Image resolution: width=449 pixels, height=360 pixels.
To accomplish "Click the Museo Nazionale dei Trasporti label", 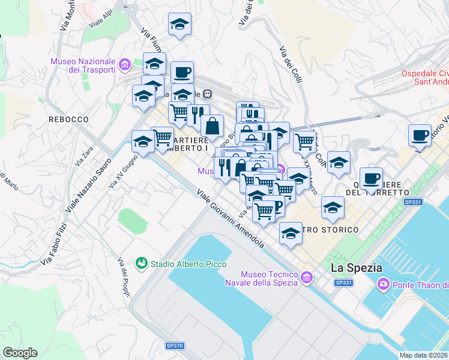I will coord(83,65).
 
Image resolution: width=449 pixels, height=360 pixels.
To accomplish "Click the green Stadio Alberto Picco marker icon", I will coord(142,263).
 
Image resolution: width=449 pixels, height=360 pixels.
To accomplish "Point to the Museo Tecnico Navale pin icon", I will coord(307,277).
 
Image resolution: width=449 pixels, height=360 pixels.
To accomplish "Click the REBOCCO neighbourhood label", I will coord(69,119).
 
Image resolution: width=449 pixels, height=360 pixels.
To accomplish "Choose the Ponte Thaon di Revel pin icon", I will coord(382,283).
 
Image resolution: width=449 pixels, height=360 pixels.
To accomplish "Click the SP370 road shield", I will coord(175,346).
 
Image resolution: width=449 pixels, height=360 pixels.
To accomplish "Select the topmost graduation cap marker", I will coord(179,25).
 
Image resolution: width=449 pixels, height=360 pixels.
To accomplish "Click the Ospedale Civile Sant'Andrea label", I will coord(424,79).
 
